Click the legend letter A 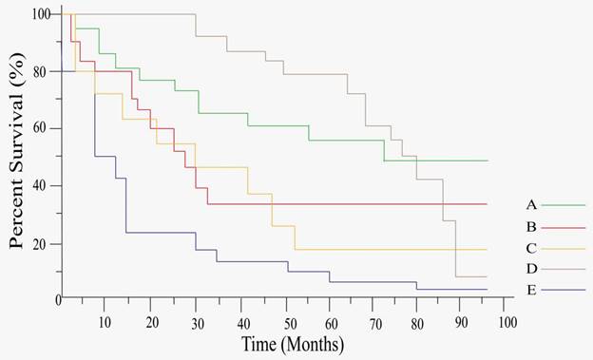(531, 204)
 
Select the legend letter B (531, 227)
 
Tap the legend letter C (531, 249)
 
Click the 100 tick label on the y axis (41, 14)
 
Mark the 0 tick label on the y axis (48, 300)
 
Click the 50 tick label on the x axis (285, 322)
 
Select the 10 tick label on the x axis (105, 322)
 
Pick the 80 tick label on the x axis (419, 322)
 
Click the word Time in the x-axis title (260, 344)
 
